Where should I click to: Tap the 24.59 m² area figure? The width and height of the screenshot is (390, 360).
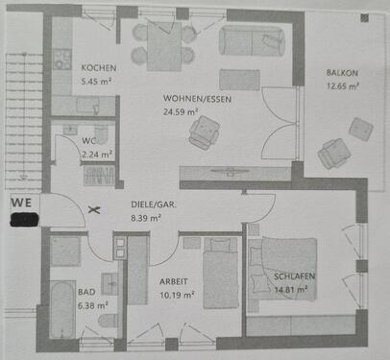[x=180, y=111]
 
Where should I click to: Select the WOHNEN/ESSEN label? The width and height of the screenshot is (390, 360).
[x=198, y=98]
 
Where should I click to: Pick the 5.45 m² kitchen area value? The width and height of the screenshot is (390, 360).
[x=97, y=82]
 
